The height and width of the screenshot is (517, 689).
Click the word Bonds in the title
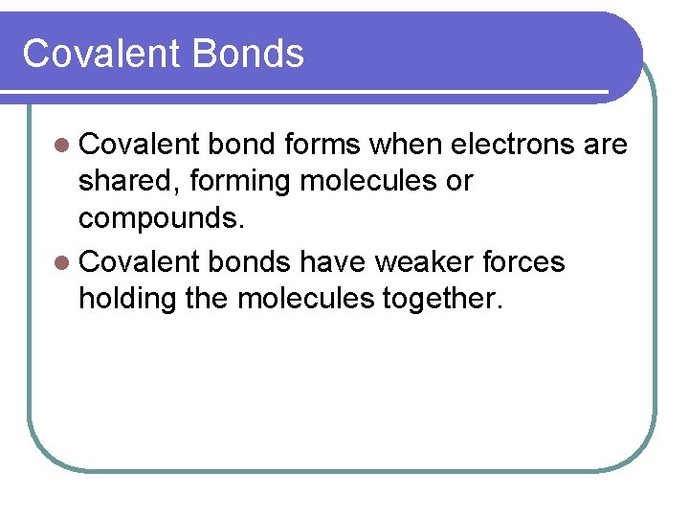pyautogui.click(x=248, y=54)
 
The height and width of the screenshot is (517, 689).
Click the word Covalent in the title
pyautogui.click(x=101, y=54)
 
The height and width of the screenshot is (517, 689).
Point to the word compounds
pyautogui.click(x=162, y=218)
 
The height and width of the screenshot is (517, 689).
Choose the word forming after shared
pyautogui.click(x=242, y=181)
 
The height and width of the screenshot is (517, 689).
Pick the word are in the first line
pyautogui.click(x=605, y=146)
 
